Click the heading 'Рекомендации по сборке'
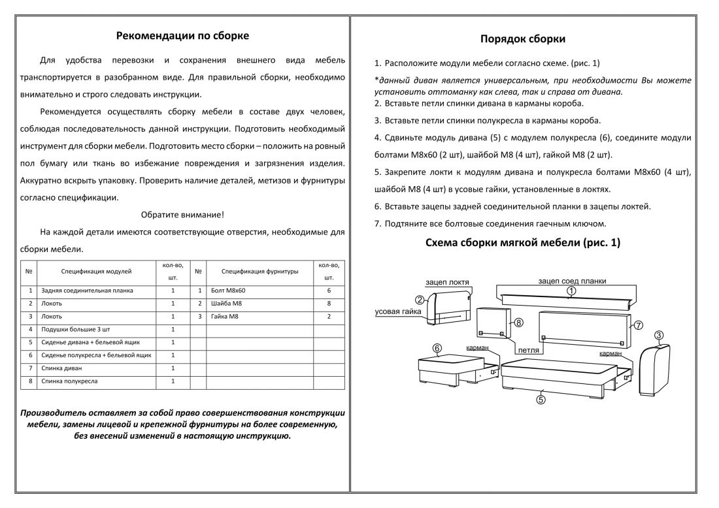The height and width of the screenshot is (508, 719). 182,36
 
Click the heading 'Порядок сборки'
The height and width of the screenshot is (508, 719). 523,39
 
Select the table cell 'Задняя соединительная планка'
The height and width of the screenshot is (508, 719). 87,291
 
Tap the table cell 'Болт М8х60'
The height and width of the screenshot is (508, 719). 229,291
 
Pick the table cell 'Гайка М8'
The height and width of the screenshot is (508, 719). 226,317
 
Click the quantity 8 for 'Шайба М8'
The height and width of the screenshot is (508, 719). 329,304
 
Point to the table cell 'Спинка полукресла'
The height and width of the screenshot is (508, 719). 69,381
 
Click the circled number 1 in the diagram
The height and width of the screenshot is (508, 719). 571,291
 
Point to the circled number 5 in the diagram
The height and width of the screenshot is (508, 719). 541,400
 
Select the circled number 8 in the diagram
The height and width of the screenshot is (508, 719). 518,323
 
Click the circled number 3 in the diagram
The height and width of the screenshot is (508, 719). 659,336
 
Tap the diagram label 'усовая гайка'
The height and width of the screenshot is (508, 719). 397,312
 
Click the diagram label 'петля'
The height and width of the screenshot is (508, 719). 528,351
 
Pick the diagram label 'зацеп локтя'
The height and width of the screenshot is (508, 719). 447,282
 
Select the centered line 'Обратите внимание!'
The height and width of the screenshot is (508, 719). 182,215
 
